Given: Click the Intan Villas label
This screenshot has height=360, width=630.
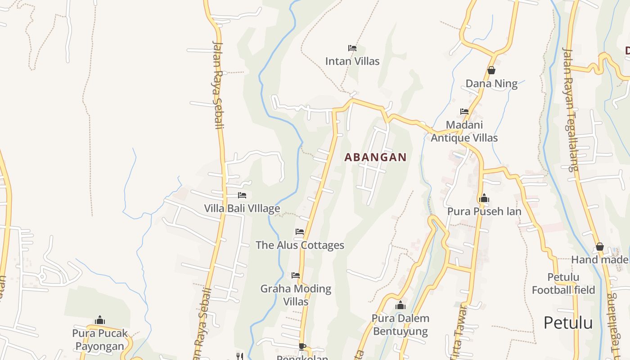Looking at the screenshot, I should point(352,61).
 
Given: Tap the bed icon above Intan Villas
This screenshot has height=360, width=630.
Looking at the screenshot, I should point(352,48).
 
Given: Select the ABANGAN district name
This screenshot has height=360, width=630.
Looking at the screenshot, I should point(375,157).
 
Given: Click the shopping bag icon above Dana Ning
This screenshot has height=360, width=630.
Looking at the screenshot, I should point(491,70).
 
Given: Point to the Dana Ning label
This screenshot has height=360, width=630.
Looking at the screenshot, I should point(491,83).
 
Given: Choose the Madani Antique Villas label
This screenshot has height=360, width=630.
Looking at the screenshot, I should point(464,131).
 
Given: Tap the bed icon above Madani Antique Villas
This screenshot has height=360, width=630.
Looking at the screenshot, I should point(464,111).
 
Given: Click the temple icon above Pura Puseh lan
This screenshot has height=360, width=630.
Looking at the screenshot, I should point(484,198).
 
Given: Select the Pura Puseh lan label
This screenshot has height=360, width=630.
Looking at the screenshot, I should point(484,211).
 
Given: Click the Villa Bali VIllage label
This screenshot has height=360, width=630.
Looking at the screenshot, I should point(242,208).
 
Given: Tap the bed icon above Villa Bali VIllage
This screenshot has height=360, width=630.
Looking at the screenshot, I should point(242,195).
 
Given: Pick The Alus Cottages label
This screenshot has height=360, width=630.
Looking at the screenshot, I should point(300,245).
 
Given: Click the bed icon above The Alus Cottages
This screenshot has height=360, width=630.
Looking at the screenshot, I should point(300,232).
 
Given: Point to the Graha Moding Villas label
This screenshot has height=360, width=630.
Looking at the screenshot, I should point(296,295).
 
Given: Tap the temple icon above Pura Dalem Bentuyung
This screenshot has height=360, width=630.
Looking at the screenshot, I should point(400,305).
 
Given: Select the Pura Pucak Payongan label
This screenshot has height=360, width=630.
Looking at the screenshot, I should point(100,340).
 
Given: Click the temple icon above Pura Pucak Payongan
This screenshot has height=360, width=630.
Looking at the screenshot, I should point(100,320).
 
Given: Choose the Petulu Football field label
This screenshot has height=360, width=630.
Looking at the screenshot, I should point(563,283).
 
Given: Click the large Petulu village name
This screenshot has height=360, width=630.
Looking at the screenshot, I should point(568,323).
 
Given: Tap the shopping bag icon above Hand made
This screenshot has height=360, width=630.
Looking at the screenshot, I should point(599,247).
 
